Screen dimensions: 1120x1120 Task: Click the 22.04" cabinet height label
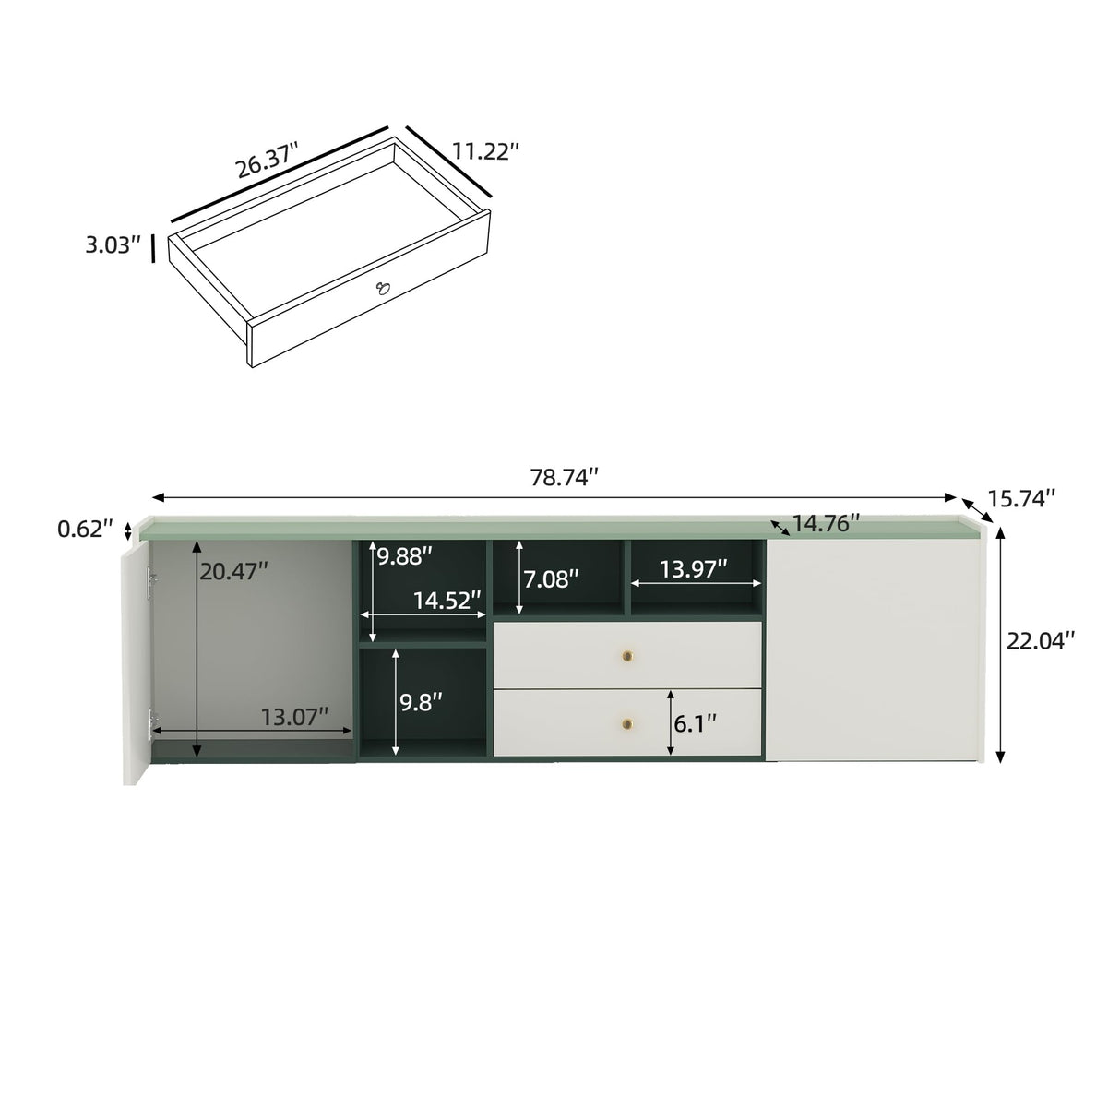[1041, 640]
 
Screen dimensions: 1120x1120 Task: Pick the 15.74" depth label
[1021, 498]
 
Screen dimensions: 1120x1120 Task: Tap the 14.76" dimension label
[826, 523]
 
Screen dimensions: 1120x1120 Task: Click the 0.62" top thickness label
[85, 530]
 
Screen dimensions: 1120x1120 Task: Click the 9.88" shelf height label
[404, 556]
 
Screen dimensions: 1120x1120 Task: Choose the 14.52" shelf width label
[447, 601]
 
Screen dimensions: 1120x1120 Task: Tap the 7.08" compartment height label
[552, 578]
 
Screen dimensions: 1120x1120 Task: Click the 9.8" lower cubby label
[421, 701]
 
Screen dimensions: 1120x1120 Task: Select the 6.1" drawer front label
[695, 723]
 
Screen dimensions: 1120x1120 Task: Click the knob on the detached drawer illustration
[382, 290]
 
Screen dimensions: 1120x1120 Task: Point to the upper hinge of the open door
[151, 578]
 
